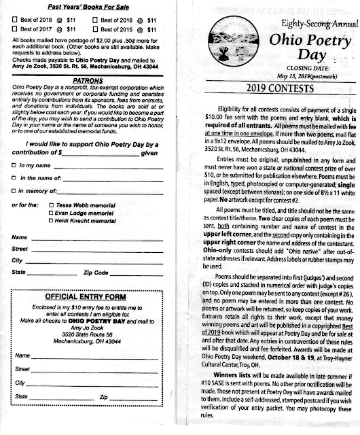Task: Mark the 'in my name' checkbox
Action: [x=14, y=166]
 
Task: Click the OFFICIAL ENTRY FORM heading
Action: [x=86, y=297]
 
